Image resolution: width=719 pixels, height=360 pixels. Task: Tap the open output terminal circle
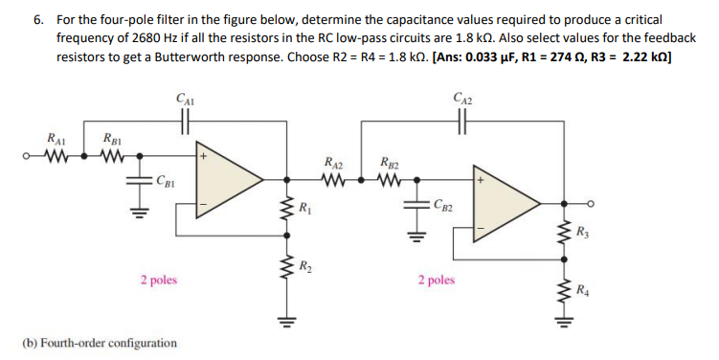pos(594,203)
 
